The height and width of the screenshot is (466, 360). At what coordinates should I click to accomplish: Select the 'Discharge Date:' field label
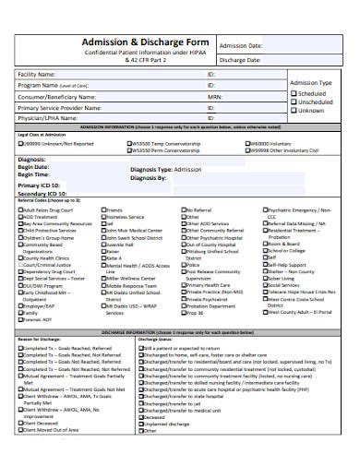pyautogui.click(x=242, y=62)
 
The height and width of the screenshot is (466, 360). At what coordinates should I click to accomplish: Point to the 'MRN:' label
pyautogui.click(x=214, y=95)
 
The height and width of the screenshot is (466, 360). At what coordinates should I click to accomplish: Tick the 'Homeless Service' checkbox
pyautogui.click(x=103, y=217)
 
